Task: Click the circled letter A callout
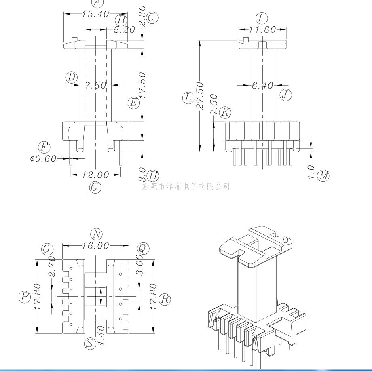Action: pyautogui.click(x=96, y=3)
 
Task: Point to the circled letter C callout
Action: pyautogui.click(x=152, y=17)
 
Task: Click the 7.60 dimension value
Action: pyautogui.click(x=95, y=85)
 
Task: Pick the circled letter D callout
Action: pyautogui.click(x=72, y=78)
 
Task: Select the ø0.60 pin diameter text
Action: pyautogui.click(x=43, y=159)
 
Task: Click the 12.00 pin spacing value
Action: pyautogui.click(x=95, y=175)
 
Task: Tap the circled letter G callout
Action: pyautogui.click(x=95, y=187)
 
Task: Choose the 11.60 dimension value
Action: pyautogui.click(x=262, y=30)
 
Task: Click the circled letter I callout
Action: pyautogui.click(x=262, y=18)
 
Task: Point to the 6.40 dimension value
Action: pyautogui.click(x=262, y=85)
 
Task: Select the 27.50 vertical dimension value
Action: pyautogui.click(x=200, y=96)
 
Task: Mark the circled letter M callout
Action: pyautogui.click(x=323, y=175)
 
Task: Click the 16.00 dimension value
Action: pyautogui.click(x=95, y=245)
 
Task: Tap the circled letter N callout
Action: pyautogui.click(x=96, y=234)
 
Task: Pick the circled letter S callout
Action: pyautogui.click(x=90, y=344)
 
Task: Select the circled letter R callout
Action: pyautogui.click(x=165, y=299)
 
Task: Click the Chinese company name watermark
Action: pyautogui.click(x=186, y=186)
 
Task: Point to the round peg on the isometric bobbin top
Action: pyautogui.click(x=285, y=240)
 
